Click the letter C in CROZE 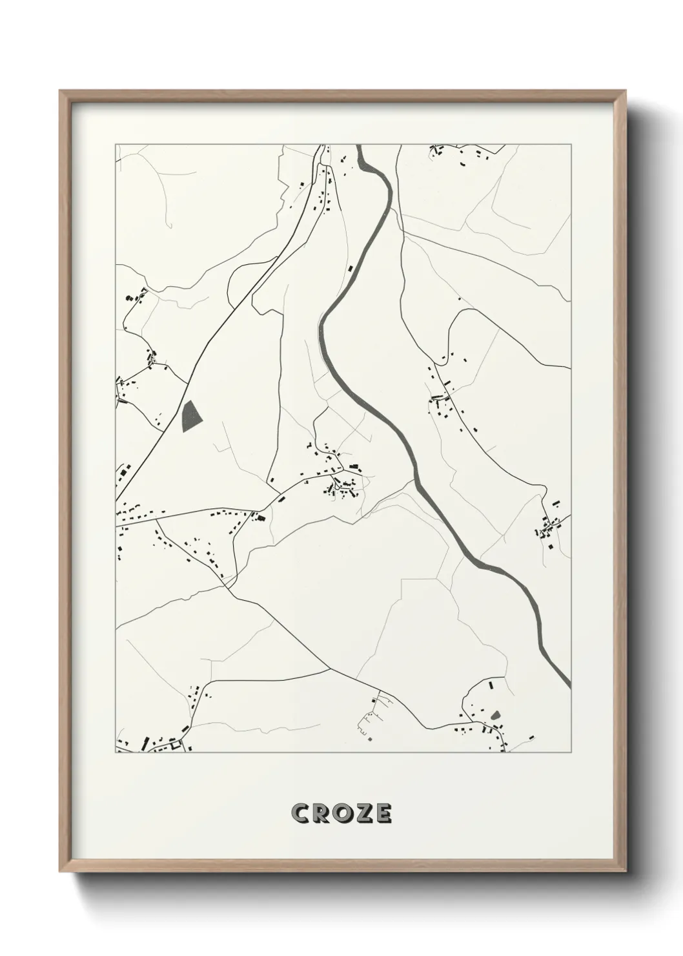pyautogui.click(x=300, y=814)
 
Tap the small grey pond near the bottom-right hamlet pyautogui.click(x=496, y=715)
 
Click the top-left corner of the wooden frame pyautogui.click(x=60, y=91)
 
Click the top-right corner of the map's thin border pyautogui.click(x=571, y=145)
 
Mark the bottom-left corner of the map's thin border pyautogui.click(x=116, y=752)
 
